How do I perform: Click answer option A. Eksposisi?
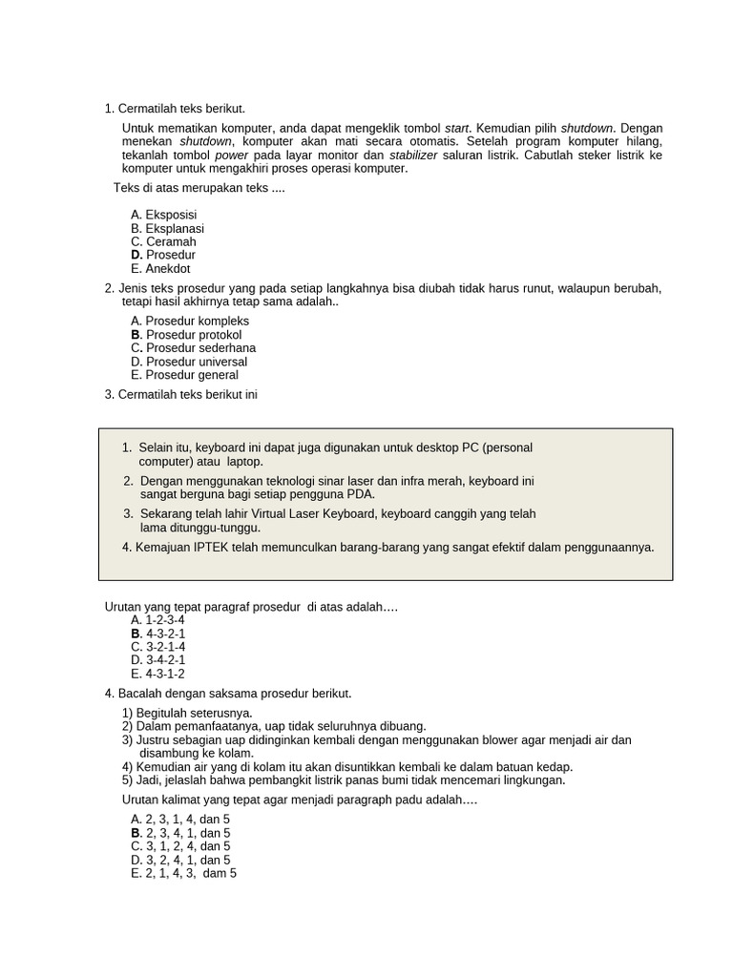pyautogui.click(x=163, y=216)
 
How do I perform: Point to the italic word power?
pyautogui.click(x=231, y=156)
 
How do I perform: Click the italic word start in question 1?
pyautogui.click(x=457, y=129)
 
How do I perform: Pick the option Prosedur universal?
pyautogui.click(x=188, y=363)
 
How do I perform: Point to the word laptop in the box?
pyautogui.click(x=244, y=462)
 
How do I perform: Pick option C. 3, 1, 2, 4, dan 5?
pyautogui.click(x=180, y=846)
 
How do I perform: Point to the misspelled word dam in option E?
pyautogui.click(x=214, y=873)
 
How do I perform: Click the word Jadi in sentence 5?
pyautogui.click(x=149, y=780)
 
